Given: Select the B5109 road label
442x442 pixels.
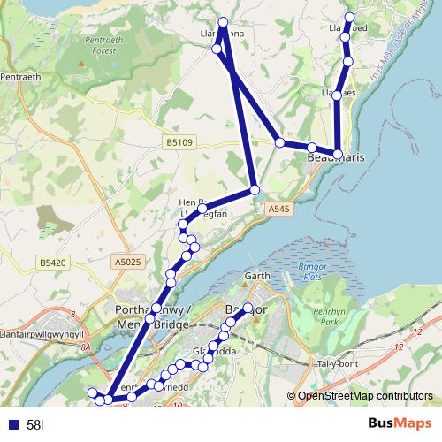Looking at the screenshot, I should tap(179, 141).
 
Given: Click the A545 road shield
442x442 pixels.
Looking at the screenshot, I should tap(278, 209).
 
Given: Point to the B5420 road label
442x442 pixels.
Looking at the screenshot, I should tap(54, 262).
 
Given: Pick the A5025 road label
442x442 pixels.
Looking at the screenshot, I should tap(127, 262).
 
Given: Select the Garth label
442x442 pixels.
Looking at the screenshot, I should tap(256, 277).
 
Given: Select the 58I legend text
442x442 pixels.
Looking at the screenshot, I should tap(36, 425).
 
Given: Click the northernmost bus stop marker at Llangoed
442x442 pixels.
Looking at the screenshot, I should tap(350, 18).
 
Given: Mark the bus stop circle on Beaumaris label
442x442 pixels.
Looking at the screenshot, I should tap(338, 155).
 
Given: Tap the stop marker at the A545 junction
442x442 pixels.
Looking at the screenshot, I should tap(254, 190).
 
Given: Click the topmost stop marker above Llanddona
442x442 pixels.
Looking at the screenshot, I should tap(223, 22).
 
